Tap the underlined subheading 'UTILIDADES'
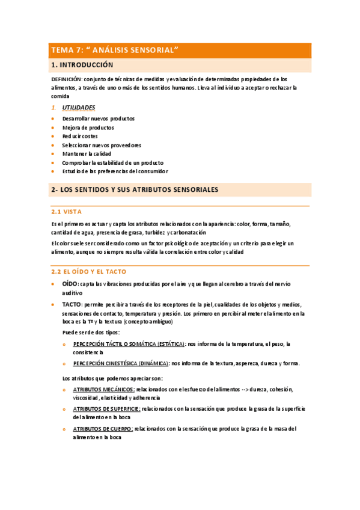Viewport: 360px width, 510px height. pyautogui.click(x=79, y=108)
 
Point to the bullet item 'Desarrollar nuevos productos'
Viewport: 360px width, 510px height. pyautogui.click(x=98, y=118)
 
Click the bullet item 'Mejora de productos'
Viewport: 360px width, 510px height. pyautogui.click(x=88, y=127)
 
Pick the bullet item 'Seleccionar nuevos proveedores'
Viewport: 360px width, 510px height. pyautogui.click(x=102, y=145)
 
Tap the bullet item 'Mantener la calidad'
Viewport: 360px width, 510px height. pyautogui.click(x=87, y=153)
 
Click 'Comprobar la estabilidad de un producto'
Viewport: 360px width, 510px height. pyautogui.click(x=112, y=162)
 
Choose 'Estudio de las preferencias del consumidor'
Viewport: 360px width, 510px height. pyautogui.click(x=115, y=171)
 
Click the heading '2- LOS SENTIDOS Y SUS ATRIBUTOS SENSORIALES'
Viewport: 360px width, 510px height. pyautogui.click(x=135, y=189)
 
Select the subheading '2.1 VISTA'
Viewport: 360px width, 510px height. pyautogui.click(x=67, y=212)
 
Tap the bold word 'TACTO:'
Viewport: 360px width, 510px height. pyautogui.click(x=72, y=304)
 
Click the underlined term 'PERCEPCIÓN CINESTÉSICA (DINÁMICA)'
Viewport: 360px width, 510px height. pyautogui.click(x=121, y=363)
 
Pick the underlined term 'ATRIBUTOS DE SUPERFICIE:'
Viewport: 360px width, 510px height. pyautogui.click(x=106, y=408)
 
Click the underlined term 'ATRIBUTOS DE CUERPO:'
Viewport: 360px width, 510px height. pyautogui.click(x=103, y=429)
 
